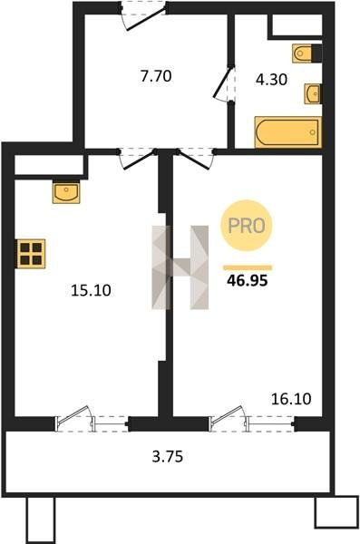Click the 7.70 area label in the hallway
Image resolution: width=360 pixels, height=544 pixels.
(156, 76)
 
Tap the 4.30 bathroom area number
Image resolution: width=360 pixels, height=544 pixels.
(271, 80)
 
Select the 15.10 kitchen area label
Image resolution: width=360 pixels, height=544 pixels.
(91, 290)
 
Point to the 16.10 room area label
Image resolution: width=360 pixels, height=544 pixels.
(291, 399)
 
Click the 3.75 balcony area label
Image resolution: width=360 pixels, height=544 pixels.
(168, 456)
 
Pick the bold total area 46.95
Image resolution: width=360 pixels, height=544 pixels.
(248, 280)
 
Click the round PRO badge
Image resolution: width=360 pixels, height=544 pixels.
(247, 226)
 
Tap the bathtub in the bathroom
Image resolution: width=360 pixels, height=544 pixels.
(288, 132)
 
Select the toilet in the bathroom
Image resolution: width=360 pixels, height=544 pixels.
(307, 53)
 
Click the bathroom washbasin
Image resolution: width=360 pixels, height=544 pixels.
(313, 93)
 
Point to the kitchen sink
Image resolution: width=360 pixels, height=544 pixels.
(66, 191)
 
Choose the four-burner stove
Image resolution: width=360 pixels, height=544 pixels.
(31, 254)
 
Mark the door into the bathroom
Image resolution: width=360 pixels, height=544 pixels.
(224, 83)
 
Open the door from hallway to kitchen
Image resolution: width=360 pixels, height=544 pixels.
(137, 160)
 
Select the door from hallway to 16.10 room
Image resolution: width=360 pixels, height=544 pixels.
(196, 160)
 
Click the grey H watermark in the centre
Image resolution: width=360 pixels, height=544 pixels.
(180, 267)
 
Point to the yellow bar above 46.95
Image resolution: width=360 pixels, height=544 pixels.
(248, 267)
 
